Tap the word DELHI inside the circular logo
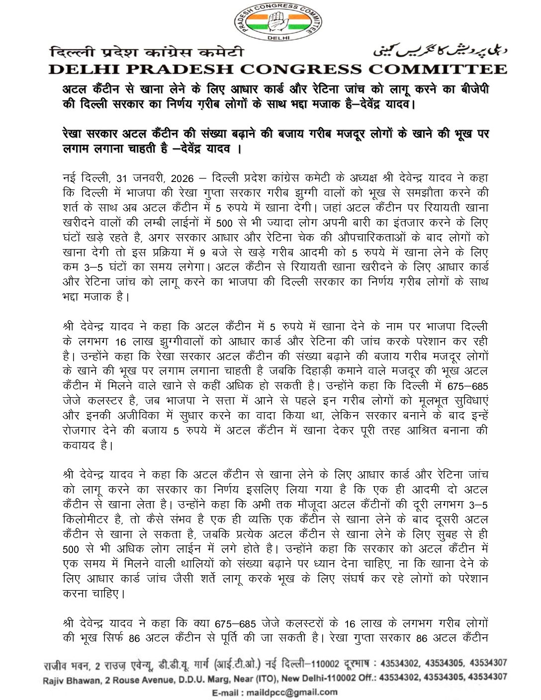[278, 37]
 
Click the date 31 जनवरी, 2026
[159, 177]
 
